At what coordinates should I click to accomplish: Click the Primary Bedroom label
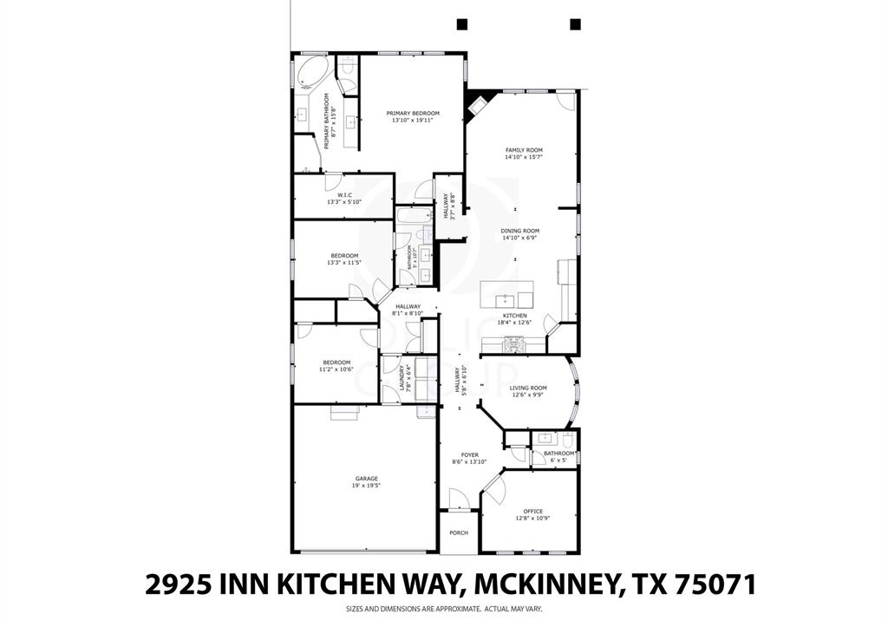tap(413, 114)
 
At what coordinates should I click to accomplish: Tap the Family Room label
tap(524, 150)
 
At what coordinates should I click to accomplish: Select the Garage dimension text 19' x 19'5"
tap(367, 486)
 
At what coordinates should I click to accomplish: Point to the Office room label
tap(532, 511)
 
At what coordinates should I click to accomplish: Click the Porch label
tap(458, 533)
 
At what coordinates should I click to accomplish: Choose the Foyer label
tap(469, 454)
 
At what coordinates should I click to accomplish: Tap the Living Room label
tap(527, 388)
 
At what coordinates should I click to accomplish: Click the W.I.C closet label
tap(343, 195)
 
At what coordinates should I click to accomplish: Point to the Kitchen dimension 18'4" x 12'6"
tap(515, 323)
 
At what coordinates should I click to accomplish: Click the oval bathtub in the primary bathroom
tap(308, 74)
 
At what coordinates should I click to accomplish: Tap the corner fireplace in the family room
tap(476, 107)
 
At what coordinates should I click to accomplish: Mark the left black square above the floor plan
tap(462, 24)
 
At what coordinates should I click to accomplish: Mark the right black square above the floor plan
tap(574, 24)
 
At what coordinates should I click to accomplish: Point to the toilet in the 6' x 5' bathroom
tap(568, 439)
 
